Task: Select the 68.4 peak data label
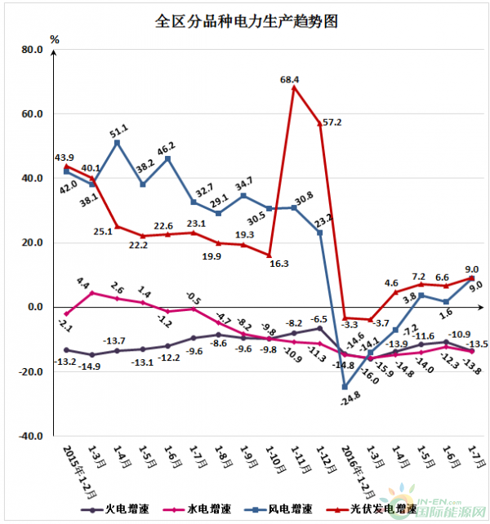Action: click(x=289, y=80)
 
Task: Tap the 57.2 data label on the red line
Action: click(x=332, y=122)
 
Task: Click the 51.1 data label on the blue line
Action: click(x=121, y=130)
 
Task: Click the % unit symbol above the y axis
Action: click(x=55, y=38)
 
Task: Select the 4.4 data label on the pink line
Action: click(x=83, y=283)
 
